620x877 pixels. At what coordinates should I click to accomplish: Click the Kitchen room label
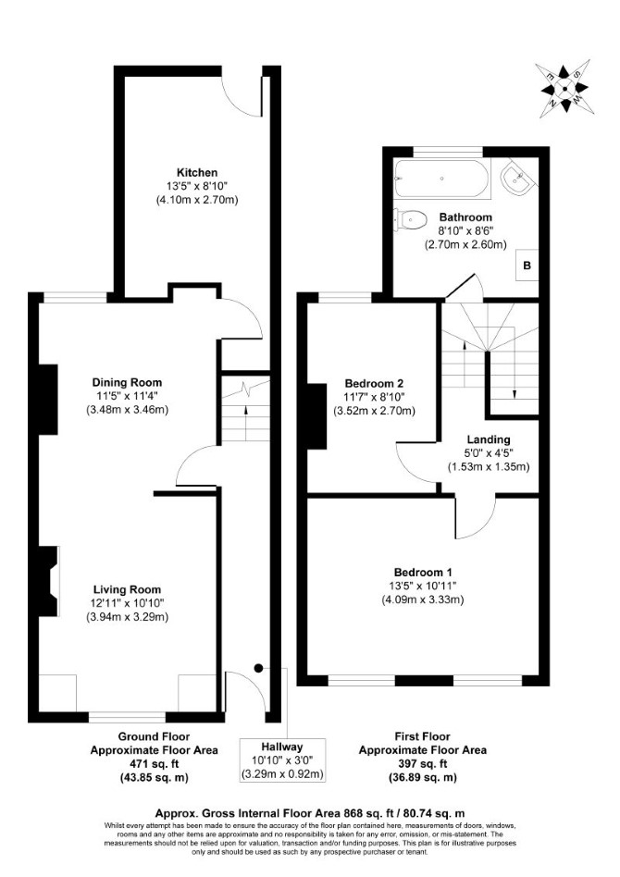click(x=197, y=172)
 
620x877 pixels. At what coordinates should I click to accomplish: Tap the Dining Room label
click(x=127, y=383)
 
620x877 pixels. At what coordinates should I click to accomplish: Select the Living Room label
click(x=127, y=589)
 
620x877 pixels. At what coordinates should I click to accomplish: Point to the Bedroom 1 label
click(x=423, y=572)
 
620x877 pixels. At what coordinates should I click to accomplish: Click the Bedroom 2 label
click(x=374, y=384)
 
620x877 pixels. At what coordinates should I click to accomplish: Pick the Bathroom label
click(x=465, y=217)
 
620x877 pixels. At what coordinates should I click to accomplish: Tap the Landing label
click(x=489, y=439)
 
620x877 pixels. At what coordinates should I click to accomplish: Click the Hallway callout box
click(x=283, y=760)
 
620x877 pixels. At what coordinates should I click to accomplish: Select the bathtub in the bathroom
click(x=442, y=179)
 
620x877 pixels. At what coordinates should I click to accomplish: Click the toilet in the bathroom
click(x=410, y=219)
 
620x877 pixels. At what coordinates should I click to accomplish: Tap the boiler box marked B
click(x=527, y=266)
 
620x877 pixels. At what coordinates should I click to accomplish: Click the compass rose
click(x=564, y=89)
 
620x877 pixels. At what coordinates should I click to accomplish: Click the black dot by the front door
click(x=258, y=668)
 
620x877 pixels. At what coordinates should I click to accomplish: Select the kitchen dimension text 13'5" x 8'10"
click(x=197, y=186)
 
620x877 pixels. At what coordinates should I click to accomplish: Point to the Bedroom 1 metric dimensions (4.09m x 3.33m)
click(x=423, y=600)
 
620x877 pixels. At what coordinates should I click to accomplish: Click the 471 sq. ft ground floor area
click(x=154, y=763)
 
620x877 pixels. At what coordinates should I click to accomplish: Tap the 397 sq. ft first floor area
click(x=423, y=763)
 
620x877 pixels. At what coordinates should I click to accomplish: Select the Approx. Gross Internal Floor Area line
click(x=310, y=813)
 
